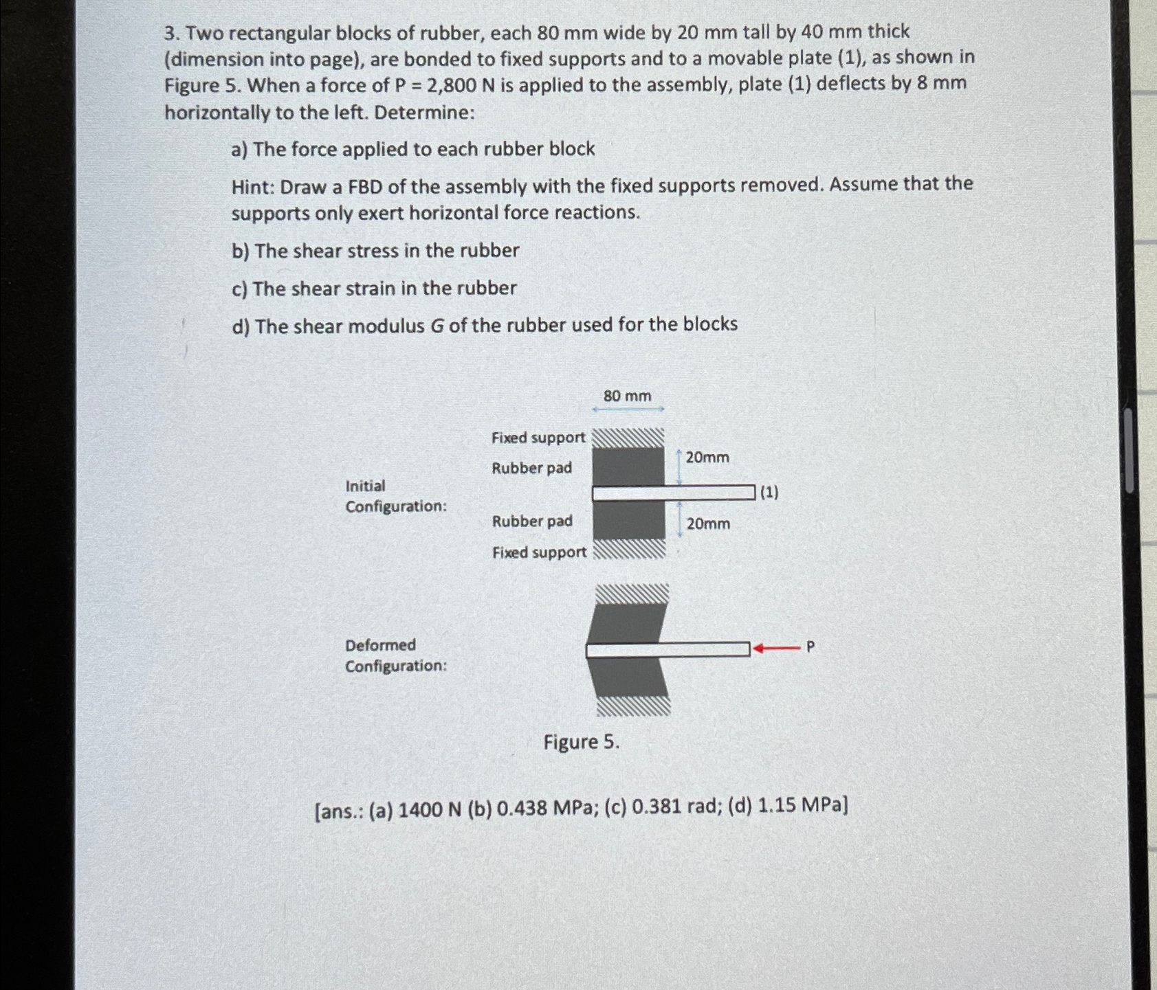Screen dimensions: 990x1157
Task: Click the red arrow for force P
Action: (x=776, y=648)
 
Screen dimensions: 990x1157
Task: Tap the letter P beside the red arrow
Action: (x=810, y=646)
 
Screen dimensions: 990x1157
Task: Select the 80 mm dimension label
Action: (x=627, y=396)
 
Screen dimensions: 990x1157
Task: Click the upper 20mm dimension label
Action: (x=707, y=458)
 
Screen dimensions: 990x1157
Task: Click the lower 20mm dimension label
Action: (x=708, y=524)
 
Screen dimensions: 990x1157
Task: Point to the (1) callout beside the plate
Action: (x=769, y=492)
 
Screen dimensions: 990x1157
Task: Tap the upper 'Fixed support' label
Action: (x=538, y=438)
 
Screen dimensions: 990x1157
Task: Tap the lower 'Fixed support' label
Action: (x=539, y=552)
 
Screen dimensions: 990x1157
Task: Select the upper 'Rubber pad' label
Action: (x=531, y=468)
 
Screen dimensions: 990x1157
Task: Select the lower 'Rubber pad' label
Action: (x=532, y=521)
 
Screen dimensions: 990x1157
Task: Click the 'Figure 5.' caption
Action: (x=581, y=742)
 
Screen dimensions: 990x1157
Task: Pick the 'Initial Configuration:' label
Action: (x=395, y=496)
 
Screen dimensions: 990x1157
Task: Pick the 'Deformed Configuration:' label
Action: (x=395, y=655)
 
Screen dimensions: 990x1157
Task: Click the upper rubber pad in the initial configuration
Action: (x=628, y=466)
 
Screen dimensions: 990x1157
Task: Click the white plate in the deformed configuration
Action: (x=667, y=649)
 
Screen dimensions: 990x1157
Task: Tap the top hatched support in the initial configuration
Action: (x=628, y=438)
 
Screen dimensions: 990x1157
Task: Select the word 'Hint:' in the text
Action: (x=253, y=186)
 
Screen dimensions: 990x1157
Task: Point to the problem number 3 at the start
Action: (x=170, y=33)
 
